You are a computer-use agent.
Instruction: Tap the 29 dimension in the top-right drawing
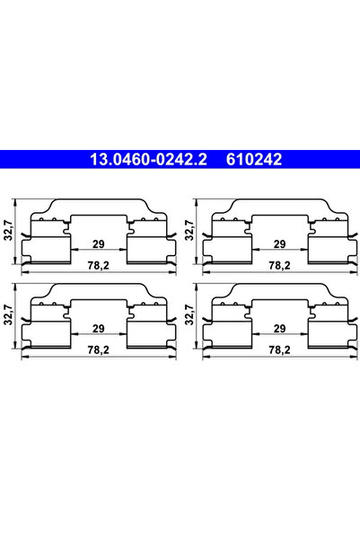tap(279, 243)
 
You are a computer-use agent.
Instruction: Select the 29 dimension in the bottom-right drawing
tap(279, 330)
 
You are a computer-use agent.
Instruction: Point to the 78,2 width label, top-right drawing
tap(279, 266)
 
